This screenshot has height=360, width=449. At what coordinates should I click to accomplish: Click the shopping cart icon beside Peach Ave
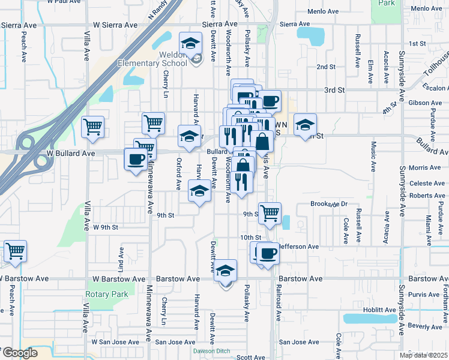(x=15, y=250)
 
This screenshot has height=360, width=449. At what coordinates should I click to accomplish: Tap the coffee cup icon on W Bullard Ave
(x=135, y=159)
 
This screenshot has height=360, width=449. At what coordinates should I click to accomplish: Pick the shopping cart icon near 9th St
(x=270, y=212)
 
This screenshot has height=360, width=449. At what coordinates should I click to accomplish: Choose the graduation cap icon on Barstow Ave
(x=226, y=271)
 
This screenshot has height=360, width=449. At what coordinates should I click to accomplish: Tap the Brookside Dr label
(x=330, y=204)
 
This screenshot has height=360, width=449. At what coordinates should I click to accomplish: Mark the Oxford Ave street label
(x=179, y=172)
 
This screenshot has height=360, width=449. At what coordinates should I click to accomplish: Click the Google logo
(x=19, y=353)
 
